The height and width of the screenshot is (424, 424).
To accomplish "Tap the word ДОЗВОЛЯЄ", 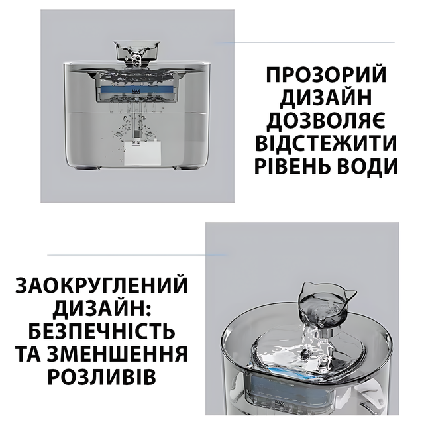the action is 326,121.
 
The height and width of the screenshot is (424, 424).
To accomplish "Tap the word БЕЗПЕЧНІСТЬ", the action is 101,331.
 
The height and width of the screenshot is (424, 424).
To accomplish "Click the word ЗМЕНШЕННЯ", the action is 117,354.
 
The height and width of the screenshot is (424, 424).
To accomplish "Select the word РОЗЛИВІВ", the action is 101,377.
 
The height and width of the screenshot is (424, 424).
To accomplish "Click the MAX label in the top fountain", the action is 136,91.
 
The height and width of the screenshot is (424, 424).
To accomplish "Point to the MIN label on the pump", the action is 135,142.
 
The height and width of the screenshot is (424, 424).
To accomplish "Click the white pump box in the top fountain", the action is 142,153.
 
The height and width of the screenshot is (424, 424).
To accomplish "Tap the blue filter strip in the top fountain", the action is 136,90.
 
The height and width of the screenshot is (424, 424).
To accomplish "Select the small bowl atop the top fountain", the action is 137,50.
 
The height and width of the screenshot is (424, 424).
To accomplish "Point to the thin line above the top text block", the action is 305,42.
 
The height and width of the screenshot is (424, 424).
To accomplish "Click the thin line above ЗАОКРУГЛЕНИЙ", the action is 138,254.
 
